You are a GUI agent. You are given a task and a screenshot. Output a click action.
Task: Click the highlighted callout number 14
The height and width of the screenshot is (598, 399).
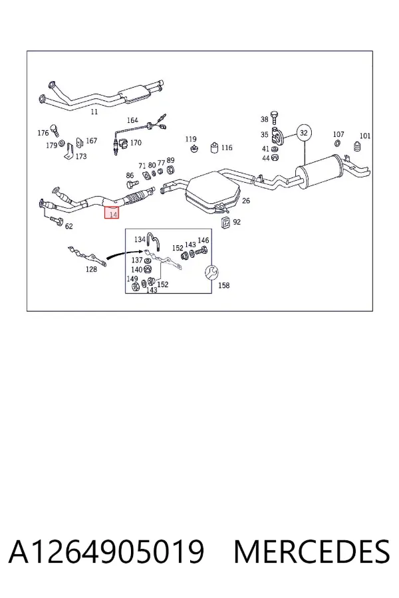(112, 215)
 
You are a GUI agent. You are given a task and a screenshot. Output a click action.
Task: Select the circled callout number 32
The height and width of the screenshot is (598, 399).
(303, 133)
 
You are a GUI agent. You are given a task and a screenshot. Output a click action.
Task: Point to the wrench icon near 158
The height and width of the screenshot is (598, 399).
(211, 272)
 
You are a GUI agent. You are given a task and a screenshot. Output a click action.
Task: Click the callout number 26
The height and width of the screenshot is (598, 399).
(246, 201)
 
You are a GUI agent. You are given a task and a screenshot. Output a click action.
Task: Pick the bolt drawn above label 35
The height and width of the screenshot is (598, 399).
(274, 118)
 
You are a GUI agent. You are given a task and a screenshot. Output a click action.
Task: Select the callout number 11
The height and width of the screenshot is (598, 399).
(94, 112)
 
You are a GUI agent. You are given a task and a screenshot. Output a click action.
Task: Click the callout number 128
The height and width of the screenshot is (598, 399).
(91, 269)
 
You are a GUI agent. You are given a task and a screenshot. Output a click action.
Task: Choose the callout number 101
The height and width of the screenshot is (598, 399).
(365, 136)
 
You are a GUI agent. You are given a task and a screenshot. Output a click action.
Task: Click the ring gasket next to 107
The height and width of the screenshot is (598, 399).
(338, 144)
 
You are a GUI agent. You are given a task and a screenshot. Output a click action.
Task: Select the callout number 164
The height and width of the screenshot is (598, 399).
(132, 120)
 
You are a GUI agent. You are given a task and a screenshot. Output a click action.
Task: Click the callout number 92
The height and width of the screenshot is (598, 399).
(237, 222)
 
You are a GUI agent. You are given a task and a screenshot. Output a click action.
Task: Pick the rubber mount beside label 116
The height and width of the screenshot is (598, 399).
(215, 148)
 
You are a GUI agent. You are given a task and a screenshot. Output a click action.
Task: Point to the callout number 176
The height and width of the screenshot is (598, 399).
(43, 133)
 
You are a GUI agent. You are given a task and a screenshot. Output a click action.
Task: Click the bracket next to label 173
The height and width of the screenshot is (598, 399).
(68, 151)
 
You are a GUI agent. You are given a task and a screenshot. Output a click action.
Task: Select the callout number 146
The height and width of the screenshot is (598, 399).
(203, 241)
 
